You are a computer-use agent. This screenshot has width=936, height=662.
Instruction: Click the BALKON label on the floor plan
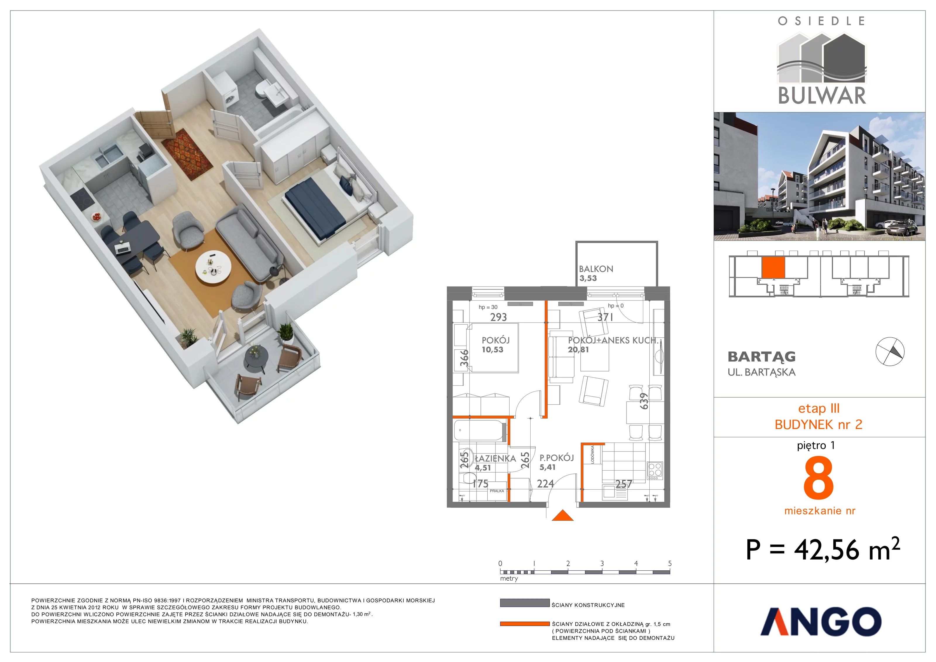coord(596,269)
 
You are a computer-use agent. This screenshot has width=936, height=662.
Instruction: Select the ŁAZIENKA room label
coord(495,459)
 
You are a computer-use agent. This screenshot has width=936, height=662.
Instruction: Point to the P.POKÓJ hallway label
coord(557,458)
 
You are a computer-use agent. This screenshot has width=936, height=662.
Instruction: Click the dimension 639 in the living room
coord(644,401)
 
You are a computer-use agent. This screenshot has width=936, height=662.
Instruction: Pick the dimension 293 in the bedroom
coord(499,317)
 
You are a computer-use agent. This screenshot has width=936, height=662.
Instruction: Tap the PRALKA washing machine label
coord(497,491)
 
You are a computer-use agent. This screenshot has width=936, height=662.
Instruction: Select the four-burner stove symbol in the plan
coord(655,471)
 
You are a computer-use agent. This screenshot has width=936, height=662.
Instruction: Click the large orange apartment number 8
coord(819,478)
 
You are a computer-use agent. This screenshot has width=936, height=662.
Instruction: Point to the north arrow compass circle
coord(890,351)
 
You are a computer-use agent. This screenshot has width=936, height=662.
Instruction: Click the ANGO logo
coord(821,621)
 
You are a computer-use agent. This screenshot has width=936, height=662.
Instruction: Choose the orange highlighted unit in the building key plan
coord(773,267)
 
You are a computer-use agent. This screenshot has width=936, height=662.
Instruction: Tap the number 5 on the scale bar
coord(670,563)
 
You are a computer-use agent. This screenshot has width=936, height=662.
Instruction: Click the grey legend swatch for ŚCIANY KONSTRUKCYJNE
coord(525,603)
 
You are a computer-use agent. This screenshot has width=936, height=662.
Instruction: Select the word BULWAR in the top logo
coord(822,95)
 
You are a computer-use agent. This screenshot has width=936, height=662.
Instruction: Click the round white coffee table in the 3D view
coord(213,267)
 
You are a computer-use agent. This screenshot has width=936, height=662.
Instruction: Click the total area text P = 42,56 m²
coord(823,549)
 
